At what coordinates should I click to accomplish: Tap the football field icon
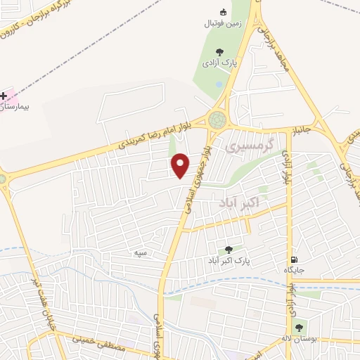click(224, 12)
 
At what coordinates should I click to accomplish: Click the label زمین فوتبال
click(223, 23)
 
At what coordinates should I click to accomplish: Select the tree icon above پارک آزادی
click(221, 51)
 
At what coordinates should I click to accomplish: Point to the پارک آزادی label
click(221, 63)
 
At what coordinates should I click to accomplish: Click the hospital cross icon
click(4, 95)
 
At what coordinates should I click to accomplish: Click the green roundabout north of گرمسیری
click(219, 120)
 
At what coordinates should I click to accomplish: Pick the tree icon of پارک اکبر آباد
click(228, 250)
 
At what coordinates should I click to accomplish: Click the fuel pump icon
click(293, 259)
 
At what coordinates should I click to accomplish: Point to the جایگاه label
click(293, 270)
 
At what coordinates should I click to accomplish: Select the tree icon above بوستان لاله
click(299, 327)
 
